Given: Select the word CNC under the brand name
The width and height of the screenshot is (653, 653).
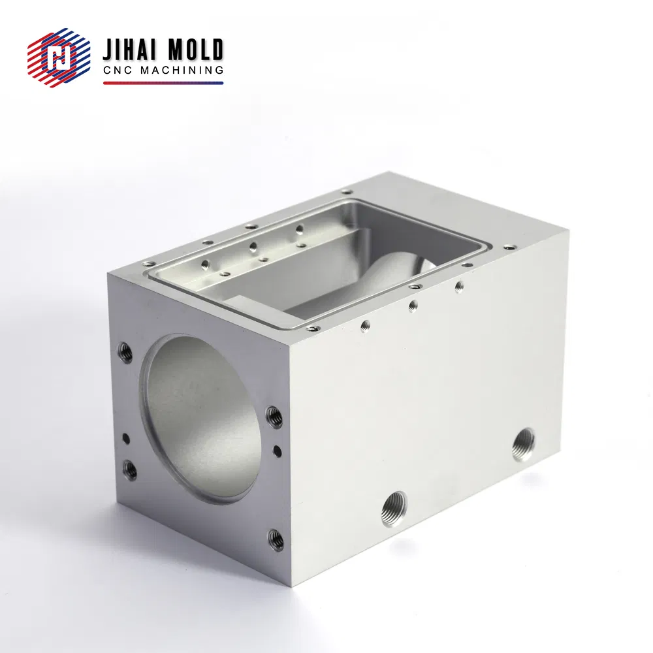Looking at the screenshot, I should [x=118, y=71].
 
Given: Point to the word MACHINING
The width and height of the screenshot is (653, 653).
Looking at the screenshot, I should [x=185, y=71].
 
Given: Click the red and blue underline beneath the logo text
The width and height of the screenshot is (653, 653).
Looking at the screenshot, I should [x=163, y=83].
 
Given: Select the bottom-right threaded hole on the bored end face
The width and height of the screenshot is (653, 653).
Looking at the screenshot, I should [x=276, y=539].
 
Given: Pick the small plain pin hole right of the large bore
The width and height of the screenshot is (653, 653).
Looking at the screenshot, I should [x=278, y=449].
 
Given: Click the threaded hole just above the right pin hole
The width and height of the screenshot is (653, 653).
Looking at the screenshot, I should [x=275, y=416].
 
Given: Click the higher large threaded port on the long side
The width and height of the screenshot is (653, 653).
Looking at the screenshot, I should [x=524, y=444].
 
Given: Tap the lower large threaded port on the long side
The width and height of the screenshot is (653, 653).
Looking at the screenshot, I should [x=395, y=504].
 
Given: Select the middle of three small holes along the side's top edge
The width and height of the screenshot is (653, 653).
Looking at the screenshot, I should [x=413, y=305].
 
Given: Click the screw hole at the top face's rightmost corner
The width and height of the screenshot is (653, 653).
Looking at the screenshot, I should [x=510, y=247].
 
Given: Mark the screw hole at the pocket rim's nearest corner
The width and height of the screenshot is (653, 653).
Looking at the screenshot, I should [x=313, y=328].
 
